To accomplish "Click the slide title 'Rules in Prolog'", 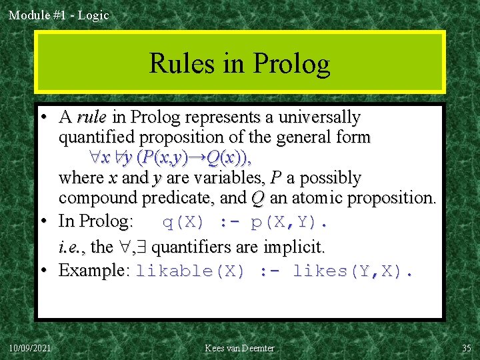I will pyautogui.click(x=239, y=63).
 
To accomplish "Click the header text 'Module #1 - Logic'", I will pyautogui.click(x=59, y=15).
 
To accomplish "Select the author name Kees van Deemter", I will pyautogui.click(x=240, y=348).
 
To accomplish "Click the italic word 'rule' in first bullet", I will pyautogui.click(x=92, y=118).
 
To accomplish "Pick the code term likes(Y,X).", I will pyautogui.click(x=353, y=271).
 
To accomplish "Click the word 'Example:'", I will pyautogui.click(x=94, y=271).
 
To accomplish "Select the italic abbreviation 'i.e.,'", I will pyautogui.click(x=71, y=247).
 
